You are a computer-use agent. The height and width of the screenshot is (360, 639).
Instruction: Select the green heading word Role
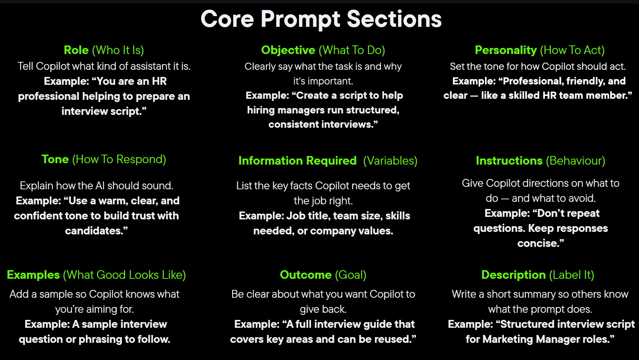point(76,50)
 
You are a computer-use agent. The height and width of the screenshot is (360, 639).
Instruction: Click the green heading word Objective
point(288,50)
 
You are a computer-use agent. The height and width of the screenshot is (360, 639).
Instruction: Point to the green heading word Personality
point(506,50)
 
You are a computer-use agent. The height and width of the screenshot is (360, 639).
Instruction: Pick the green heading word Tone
point(55,159)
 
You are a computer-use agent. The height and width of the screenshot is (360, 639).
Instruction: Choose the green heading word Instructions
point(509,161)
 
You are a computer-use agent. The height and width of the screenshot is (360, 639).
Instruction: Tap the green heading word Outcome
point(306,275)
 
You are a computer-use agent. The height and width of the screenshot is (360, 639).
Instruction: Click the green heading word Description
point(513,275)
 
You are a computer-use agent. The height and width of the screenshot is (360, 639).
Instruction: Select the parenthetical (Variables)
point(390,161)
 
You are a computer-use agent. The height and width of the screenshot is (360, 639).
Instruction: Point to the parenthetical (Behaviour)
point(576,161)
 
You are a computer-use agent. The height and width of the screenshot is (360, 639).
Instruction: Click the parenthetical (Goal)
point(350,275)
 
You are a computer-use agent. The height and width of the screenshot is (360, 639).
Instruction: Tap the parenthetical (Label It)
point(571,275)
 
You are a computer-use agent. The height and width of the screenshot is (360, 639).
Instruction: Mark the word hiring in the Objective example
point(261,110)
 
